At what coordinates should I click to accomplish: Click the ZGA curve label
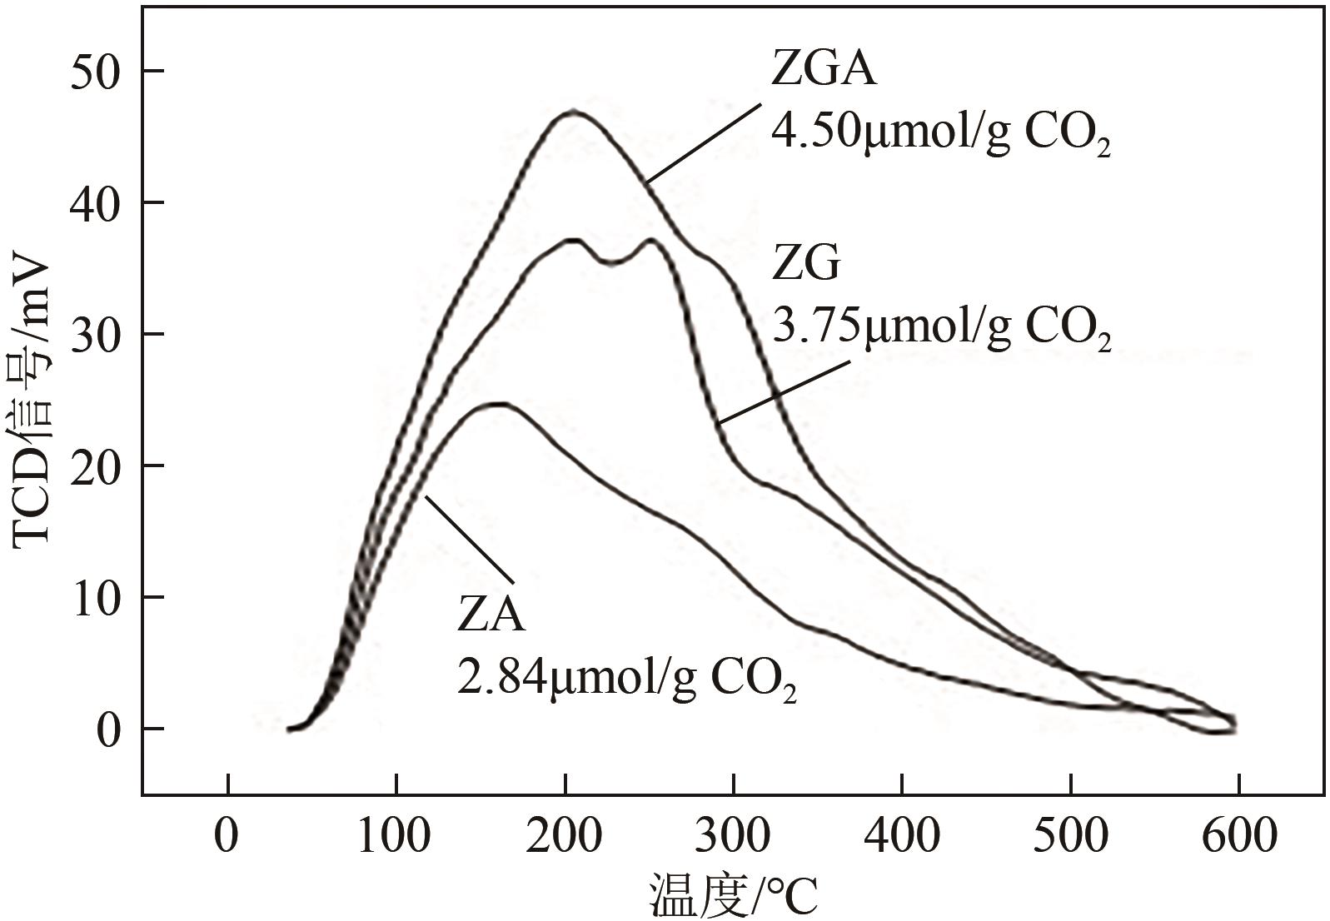[x=824, y=70]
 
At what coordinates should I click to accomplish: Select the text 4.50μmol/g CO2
[x=941, y=133]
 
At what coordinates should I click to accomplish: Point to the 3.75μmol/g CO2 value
[x=941, y=328]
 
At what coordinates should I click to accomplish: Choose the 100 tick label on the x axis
[x=395, y=835]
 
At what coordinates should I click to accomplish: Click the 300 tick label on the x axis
[x=733, y=835]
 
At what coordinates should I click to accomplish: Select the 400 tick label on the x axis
[x=902, y=835]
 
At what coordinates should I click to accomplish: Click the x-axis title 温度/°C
[x=733, y=897]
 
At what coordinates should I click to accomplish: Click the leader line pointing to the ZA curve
[x=471, y=538]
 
